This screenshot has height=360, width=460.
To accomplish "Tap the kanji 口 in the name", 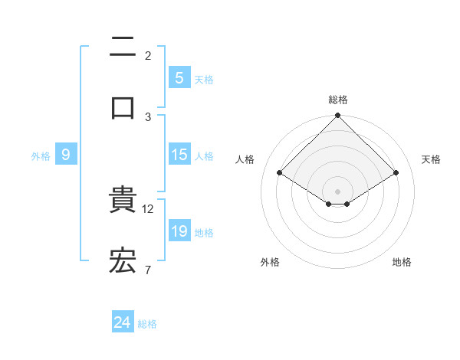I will [123, 108].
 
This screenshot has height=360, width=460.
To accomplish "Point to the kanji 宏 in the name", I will [123, 262].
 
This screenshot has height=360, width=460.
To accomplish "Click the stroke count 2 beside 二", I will [148, 56].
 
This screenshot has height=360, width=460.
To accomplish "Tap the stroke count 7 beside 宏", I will [148, 270].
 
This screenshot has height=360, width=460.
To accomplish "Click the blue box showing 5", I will [179, 78].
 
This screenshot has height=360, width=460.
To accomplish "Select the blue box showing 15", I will [179, 155].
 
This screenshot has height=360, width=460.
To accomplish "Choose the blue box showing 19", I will [179, 231].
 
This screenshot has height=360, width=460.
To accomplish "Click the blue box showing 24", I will [123, 323].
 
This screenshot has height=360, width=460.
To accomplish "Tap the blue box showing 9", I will [66, 155].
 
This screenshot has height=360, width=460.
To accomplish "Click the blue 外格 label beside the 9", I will [41, 155].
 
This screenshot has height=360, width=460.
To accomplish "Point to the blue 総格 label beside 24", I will [147, 324].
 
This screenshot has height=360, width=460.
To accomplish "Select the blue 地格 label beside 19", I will [204, 232].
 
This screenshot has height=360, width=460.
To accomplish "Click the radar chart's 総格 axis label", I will [338, 100].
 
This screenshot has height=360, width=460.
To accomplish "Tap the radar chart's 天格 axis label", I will [432, 159].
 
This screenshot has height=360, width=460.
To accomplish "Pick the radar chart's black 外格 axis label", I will [270, 262].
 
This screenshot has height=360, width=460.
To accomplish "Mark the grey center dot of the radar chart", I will [338, 191].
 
